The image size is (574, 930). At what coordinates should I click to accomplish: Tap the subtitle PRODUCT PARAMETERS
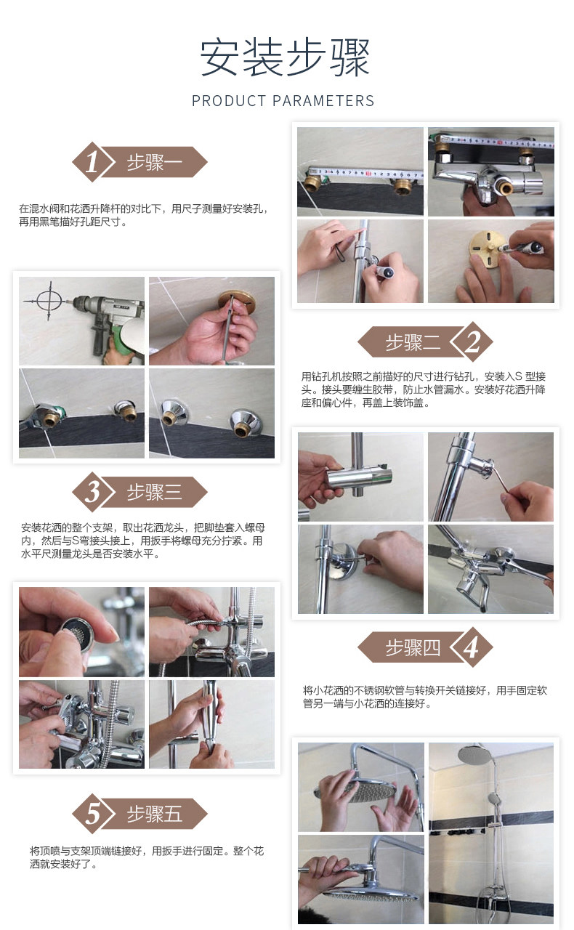[x=283, y=101]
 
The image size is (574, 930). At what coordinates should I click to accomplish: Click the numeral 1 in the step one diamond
[x=92, y=162]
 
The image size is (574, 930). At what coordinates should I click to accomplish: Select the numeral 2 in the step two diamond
[x=472, y=342]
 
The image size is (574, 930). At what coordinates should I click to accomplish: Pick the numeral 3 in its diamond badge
[x=92, y=492]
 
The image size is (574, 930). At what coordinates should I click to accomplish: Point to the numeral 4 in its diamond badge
[x=472, y=647]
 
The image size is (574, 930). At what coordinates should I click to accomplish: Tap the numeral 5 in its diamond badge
[x=92, y=814]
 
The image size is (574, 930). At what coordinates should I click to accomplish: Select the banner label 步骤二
[x=413, y=342]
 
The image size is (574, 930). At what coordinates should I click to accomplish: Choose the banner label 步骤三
[x=154, y=493]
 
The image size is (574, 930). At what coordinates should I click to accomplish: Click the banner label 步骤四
[x=413, y=647]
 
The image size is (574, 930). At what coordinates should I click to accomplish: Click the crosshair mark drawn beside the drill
[x=49, y=300]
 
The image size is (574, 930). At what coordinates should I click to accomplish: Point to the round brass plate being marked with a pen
[x=486, y=250]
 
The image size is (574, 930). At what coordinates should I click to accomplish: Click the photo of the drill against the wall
[x=82, y=321]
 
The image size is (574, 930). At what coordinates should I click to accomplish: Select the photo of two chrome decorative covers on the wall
[x=212, y=413]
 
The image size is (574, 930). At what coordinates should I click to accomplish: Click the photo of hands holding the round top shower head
[x=361, y=787]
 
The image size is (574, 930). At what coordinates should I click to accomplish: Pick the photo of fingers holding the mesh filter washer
[x=82, y=631]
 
